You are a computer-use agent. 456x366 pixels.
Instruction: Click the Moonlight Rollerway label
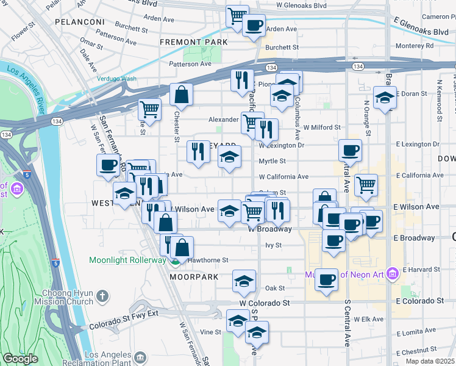pos(127,260)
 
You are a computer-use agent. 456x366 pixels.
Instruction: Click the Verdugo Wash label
pos(116,78)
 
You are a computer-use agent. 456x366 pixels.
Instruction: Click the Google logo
pos(20,359)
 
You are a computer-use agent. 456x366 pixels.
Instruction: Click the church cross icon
pos(102,297)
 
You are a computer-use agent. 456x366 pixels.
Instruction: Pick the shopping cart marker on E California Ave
pos(365,184)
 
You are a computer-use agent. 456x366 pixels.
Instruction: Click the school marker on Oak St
pos(244,281)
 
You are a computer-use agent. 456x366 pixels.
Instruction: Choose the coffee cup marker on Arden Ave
pos(254,26)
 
